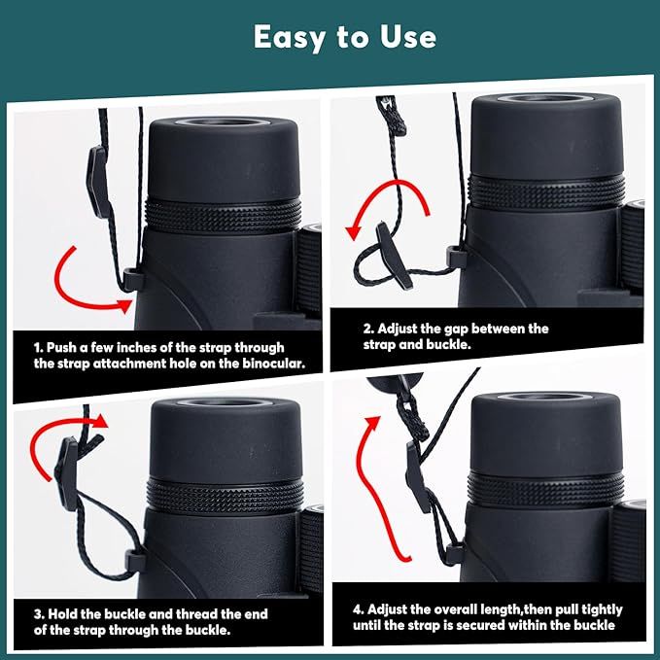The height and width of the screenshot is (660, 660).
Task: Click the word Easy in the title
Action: (290, 38)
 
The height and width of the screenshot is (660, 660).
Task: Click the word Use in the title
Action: (408, 37)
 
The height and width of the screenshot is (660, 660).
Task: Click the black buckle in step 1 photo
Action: (97, 181)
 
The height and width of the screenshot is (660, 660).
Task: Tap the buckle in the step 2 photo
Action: (394, 255)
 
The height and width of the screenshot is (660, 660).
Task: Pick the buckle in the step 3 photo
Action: (67, 474)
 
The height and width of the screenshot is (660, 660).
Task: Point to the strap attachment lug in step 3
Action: (135, 561)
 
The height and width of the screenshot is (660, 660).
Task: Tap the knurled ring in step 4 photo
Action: (545, 489)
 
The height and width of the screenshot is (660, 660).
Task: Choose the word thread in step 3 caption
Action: (197, 614)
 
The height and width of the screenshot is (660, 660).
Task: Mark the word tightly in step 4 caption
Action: (597, 609)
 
